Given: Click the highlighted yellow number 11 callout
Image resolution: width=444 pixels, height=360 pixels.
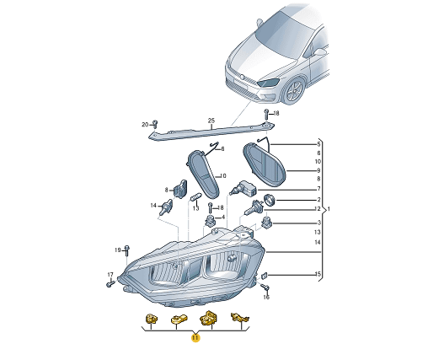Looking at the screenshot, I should [195, 339].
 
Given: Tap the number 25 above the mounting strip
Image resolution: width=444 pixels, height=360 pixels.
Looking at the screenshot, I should [211, 121].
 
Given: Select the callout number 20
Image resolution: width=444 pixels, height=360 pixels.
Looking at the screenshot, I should [145, 124].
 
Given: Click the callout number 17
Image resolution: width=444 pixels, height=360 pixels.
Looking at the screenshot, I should [110, 275].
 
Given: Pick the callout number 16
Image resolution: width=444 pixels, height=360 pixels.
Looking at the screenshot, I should [267, 298].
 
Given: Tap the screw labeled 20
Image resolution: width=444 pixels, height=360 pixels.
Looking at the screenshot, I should [155, 124].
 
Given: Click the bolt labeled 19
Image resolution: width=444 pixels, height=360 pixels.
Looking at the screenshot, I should [126, 250].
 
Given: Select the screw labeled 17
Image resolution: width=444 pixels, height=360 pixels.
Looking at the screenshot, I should [110, 284].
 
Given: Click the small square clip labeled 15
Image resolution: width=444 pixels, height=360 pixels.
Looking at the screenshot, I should [263, 275].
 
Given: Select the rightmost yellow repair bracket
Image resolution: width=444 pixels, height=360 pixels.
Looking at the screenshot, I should [242, 318].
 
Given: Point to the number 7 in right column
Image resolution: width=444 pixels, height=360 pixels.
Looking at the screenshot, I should [318, 189].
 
